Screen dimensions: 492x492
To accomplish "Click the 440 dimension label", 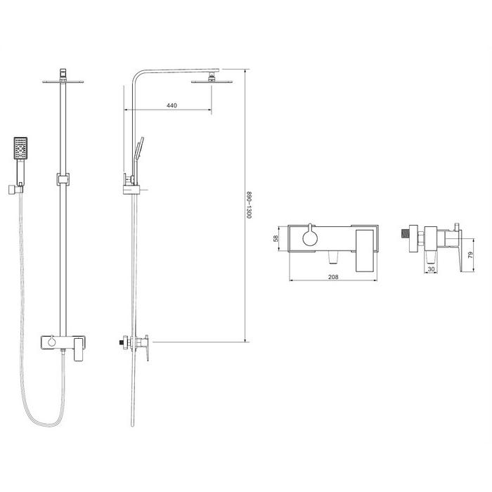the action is tap(171, 105).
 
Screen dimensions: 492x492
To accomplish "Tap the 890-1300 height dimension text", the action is tap(249, 205).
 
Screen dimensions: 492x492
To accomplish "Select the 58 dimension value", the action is tap(276, 238).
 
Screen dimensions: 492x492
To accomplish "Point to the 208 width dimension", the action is tap(333, 277).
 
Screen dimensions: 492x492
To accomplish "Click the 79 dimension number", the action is tap(470, 255).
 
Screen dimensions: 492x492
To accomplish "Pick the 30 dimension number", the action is tap(431, 269).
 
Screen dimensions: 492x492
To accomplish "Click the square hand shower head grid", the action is tap(20, 148).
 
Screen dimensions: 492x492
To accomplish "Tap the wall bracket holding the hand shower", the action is tap(15, 190).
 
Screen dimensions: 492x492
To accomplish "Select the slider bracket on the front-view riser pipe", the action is tap(63, 179).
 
